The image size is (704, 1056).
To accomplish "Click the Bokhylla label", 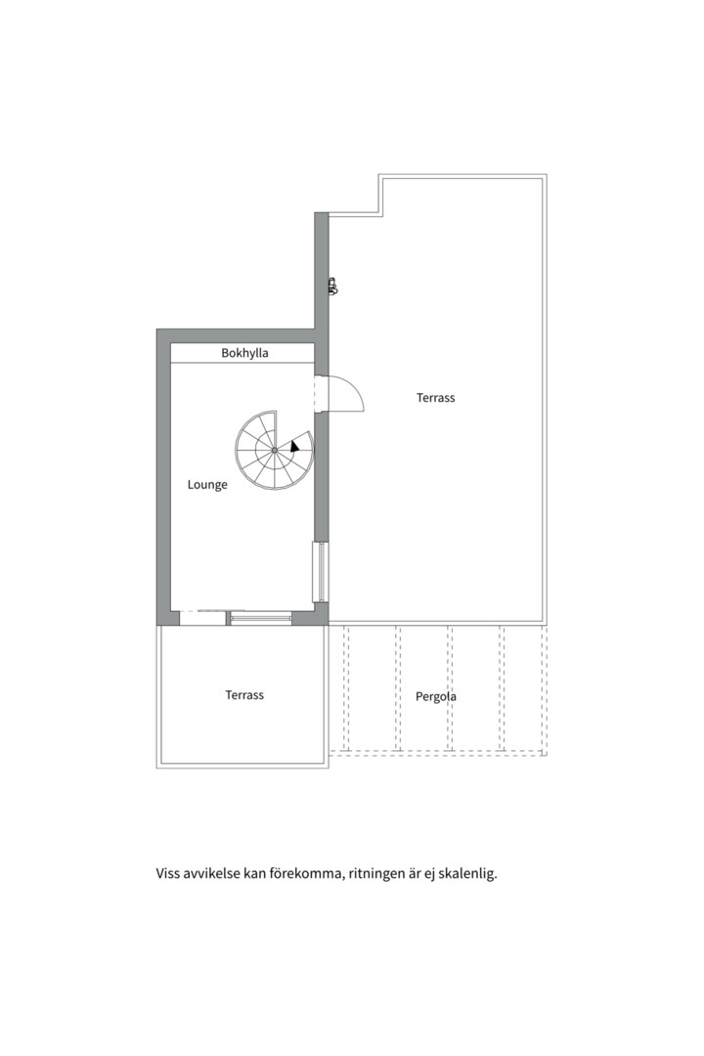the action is pos(244,353).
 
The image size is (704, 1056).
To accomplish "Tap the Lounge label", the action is pos(207,485).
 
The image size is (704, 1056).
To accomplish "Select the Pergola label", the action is pos(435,696).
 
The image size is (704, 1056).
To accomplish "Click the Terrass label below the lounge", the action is pos(244,695).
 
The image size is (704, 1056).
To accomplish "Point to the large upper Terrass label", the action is pos(435,398).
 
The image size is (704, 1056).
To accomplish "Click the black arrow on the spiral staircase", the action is pos(294,446).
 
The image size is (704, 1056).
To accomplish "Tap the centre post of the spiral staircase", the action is pos(275,449).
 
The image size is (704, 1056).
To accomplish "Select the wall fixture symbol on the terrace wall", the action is pos(332,286).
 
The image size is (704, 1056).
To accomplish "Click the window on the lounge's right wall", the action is pos(321,571).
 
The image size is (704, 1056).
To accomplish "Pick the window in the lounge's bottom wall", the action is pos(261,618).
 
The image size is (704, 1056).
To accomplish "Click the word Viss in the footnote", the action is pos(168,874).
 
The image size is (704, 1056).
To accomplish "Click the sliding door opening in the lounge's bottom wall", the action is pos(202,618).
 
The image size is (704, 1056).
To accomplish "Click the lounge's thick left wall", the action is pos(163,477).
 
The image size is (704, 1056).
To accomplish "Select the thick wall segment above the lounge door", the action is pos(322,293).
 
